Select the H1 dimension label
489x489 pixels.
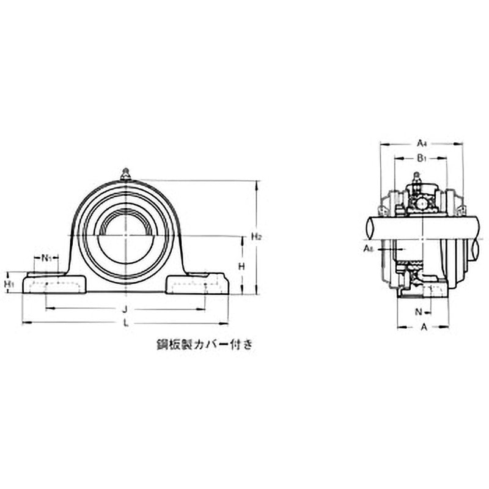[x=9, y=284]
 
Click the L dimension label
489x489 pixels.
[x=126, y=323]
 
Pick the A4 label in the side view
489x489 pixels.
[x=421, y=144]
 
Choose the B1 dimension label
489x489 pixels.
[x=421, y=158]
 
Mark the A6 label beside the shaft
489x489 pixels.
[x=369, y=249]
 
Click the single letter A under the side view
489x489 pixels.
[x=424, y=327]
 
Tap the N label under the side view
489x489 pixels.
[x=419, y=312]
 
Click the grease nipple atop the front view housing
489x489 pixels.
[x=126, y=174]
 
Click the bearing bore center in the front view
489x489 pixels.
[x=126, y=236]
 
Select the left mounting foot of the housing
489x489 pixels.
[x=53, y=285]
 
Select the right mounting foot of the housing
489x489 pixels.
[x=198, y=285]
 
